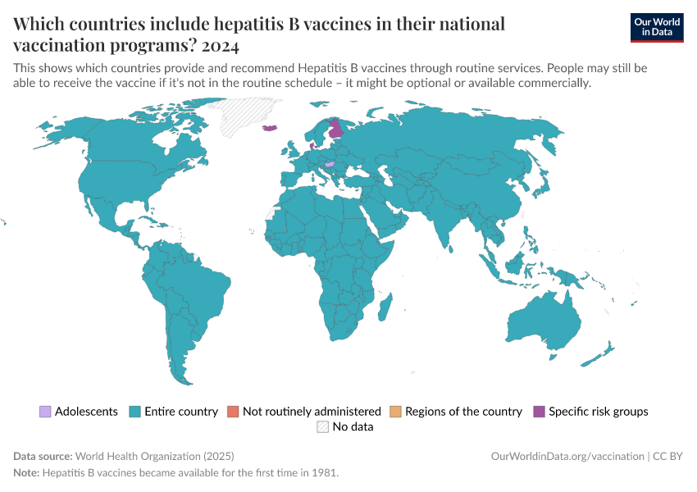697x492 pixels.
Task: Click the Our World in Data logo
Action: pos(656,27)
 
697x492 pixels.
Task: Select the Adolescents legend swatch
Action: pos(45,412)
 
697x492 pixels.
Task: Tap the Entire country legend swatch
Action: pos(135,412)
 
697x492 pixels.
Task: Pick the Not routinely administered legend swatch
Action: pos(233,412)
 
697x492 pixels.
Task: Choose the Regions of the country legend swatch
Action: pos(395,412)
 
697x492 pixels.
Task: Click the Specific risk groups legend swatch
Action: pos(539,412)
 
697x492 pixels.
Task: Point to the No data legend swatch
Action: pos(323,427)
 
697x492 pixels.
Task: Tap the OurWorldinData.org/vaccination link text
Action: pos(567,456)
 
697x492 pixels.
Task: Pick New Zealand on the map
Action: pos(602,354)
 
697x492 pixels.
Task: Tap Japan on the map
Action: pos(540,188)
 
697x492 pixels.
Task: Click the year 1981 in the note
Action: pos(326,473)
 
